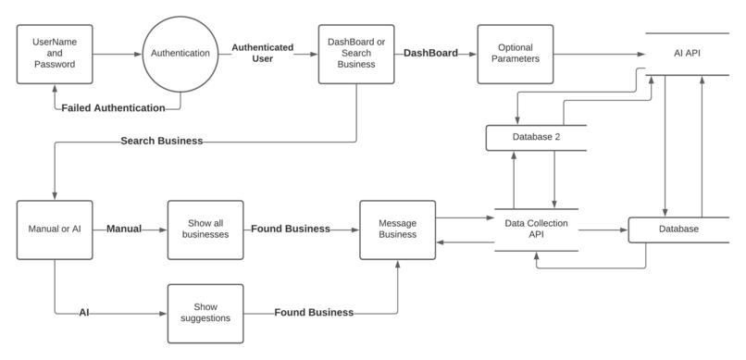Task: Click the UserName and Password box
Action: click(x=55, y=53)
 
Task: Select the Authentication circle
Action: click(x=180, y=54)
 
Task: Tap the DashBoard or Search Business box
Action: click(x=355, y=53)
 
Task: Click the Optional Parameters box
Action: click(x=515, y=53)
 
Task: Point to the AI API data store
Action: click(x=686, y=54)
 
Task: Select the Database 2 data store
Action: click(x=536, y=138)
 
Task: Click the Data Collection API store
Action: click(x=536, y=230)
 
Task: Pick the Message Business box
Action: click(x=397, y=229)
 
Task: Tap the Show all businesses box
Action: click(x=205, y=229)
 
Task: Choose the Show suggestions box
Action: click(x=205, y=312)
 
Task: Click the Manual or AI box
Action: click(x=55, y=229)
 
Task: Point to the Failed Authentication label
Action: click(x=113, y=108)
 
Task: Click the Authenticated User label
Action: click(x=262, y=53)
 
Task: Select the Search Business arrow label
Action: click(x=161, y=142)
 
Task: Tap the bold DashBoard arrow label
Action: click(x=430, y=54)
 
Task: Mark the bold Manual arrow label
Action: click(x=124, y=229)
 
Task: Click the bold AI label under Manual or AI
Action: click(x=85, y=313)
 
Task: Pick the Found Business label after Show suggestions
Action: click(x=313, y=313)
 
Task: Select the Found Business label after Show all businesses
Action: click(x=290, y=229)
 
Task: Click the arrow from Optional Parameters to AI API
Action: click(x=597, y=54)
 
